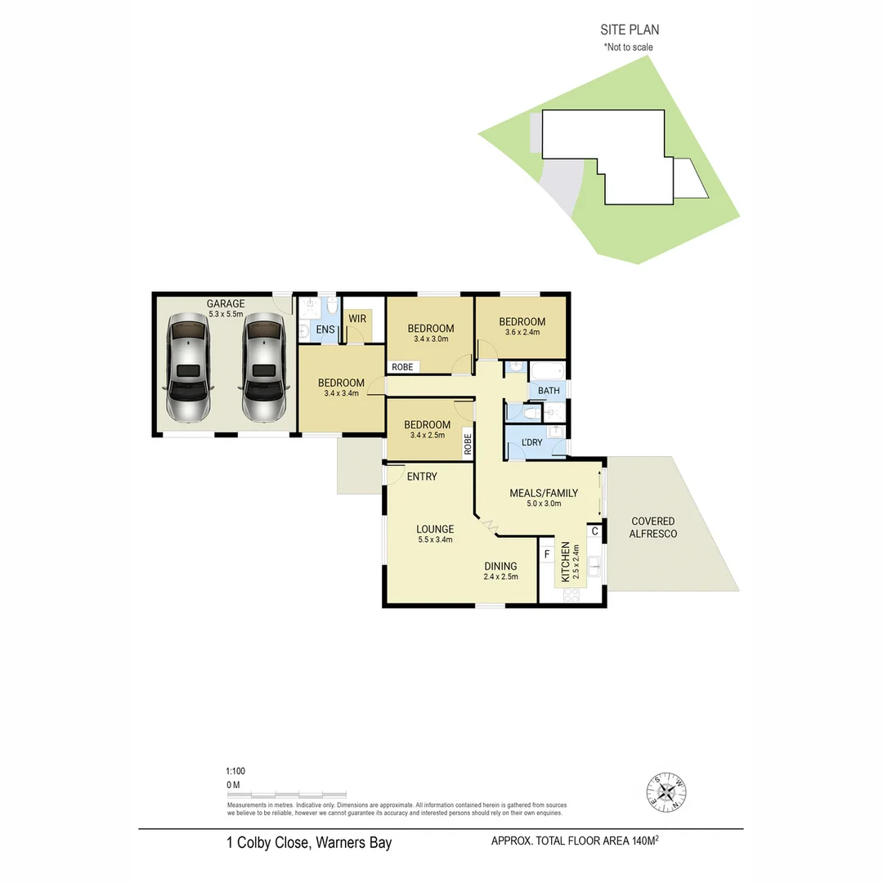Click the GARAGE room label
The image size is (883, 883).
[225, 303]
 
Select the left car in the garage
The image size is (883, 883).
[188, 370]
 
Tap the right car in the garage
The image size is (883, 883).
[263, 370]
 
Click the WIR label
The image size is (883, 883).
[357, 318]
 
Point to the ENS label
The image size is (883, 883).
[326, 329]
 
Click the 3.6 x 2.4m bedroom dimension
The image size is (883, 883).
[522, 333]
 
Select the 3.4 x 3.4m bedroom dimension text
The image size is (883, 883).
[341, 394]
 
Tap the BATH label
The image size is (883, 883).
[549, 391]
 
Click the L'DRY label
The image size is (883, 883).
[531, 442]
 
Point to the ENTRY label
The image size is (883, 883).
[421, 477]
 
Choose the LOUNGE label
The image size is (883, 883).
[434, 529]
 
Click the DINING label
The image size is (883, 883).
[500, 566]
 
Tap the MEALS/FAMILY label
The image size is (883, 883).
[544, 493]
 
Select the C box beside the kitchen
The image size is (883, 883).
[594, 531]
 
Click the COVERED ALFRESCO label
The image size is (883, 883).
[652, 527]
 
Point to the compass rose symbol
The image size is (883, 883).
[667, 791]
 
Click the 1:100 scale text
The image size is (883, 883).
[235, 771]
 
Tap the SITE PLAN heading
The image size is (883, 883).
[630, 30]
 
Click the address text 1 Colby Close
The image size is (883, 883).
[309, 843]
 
